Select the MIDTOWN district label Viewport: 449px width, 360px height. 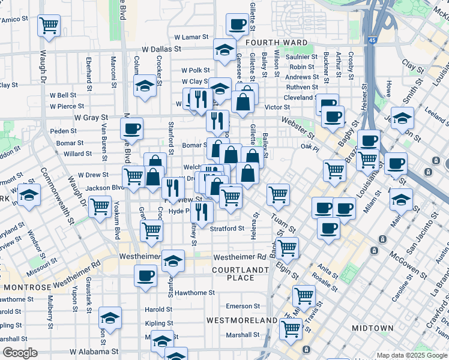pyautogui.click(x=372, y=328)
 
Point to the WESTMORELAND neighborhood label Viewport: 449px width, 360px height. pyautogui.click(x=242, y=320)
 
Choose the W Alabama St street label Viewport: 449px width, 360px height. pyautogui.click(x=92, y=352)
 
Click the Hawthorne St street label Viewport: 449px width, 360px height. pyautogui.click(x=194, y=293)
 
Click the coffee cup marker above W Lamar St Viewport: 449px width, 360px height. pyautogui.click(x=238, y=25)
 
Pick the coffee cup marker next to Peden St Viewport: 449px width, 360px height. pyautogui.click(x=131, y=128)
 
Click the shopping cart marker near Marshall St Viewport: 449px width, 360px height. pyautogui.click(x=291, y=328)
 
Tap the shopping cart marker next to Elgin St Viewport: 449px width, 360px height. pyautogui.click(x=288, y=247)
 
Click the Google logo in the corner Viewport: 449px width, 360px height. pyautogui.click(x=20, y=353)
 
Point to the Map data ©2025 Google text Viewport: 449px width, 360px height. pyautogui.click(x=411, y=355)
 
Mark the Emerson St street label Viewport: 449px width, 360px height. pyautogui.click(x=243, y=306)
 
